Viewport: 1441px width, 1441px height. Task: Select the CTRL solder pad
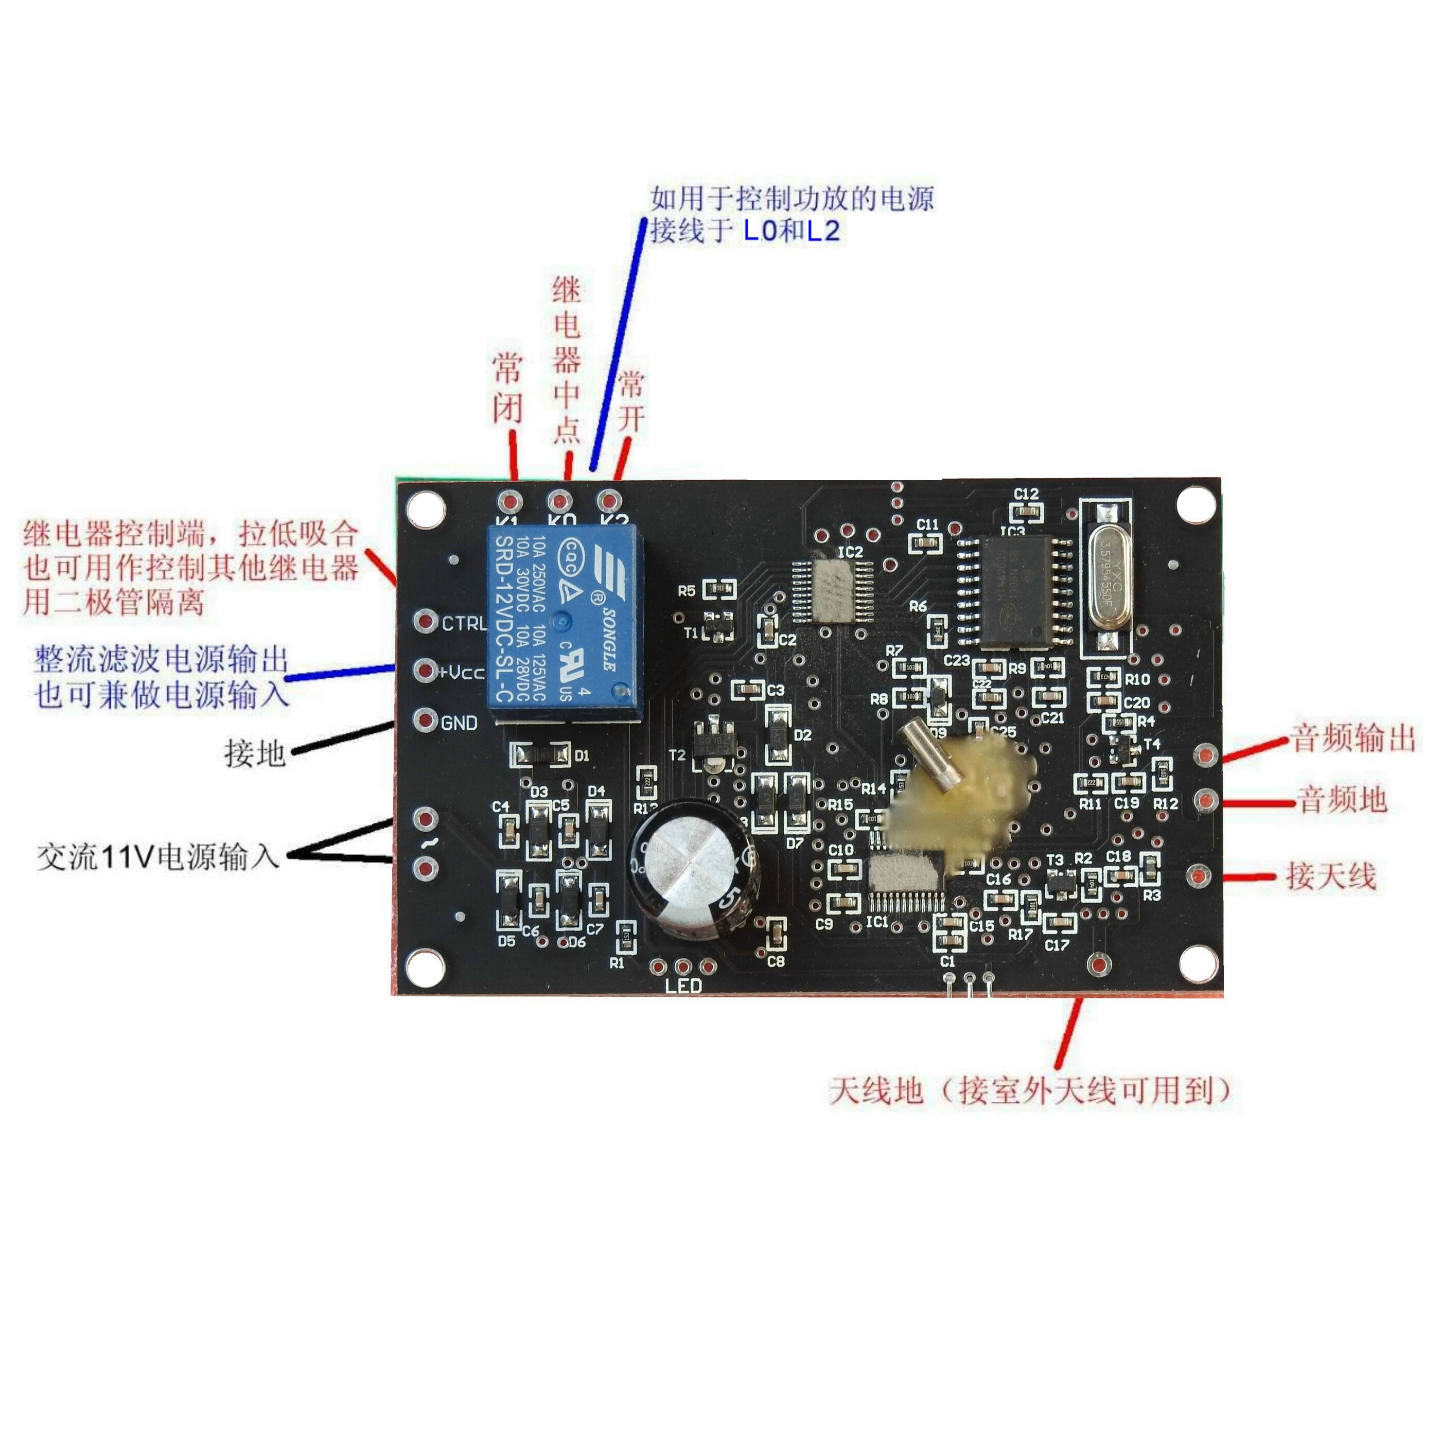(x=426, y=621)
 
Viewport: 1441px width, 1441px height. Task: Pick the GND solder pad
(x=426, y=720)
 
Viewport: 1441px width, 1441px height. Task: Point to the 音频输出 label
(x=1353, y=737)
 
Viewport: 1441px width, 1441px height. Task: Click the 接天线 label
(x=1331, y=876)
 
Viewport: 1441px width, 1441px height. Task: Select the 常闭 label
(x=507, y=389)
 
